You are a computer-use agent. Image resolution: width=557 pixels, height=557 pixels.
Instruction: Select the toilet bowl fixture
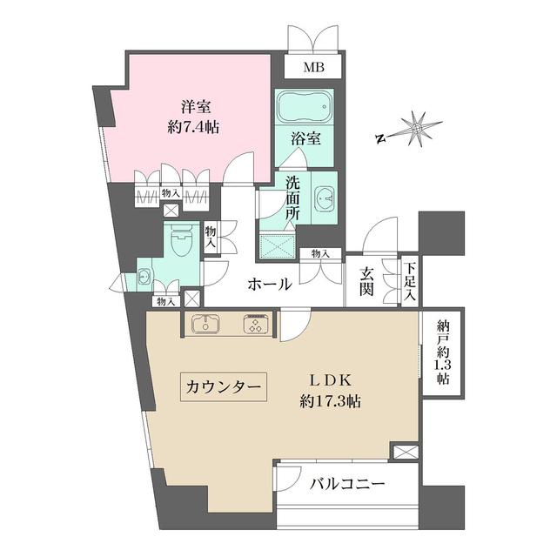(x=182, y=240)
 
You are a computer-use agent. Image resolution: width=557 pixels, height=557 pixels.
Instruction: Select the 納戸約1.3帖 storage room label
(x=441, y=355)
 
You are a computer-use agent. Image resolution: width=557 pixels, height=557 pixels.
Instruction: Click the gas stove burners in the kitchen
(x=256, y=325)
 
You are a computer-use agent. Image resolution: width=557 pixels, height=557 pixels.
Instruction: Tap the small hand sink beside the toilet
(x=145, y=279)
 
